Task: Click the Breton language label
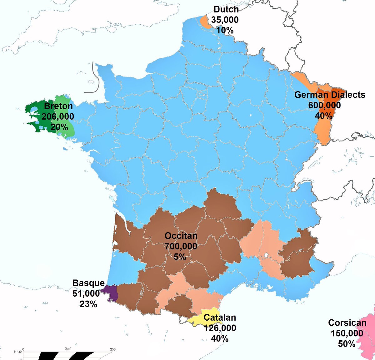tap(58, 106)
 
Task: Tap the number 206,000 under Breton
tap(58, 117)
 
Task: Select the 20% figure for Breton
tap(59, 127)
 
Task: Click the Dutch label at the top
tap(226, 9)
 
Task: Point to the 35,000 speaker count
tap(225, 20)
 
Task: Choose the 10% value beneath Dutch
tap(225, 30)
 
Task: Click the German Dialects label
tap(330, 95)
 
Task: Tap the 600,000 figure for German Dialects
tap(324, 105)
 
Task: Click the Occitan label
tap(181, 236)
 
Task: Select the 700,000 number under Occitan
tap(181, 246)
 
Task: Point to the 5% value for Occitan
tap(180, 257)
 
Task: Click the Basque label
tap(88, 283)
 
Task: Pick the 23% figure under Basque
tap(88, 304)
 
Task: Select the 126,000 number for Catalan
tap(220, 328)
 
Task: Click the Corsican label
tap(347, 323)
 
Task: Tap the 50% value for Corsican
tap(347, 344)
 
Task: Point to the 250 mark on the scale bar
tap(112, 349)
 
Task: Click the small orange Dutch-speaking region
tap(204, 22)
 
